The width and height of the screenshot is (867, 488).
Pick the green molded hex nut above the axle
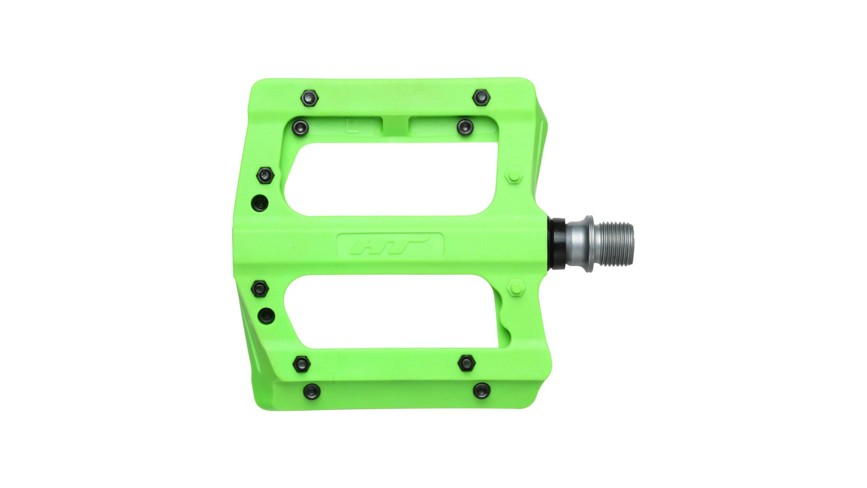pos(514,175)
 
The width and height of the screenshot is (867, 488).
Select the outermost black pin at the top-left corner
pos(309,98)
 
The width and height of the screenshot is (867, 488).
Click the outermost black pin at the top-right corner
pos(481,98)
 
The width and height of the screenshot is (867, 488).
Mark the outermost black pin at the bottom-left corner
pos(312,391)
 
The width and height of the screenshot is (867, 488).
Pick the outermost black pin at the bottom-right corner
pos(481,390)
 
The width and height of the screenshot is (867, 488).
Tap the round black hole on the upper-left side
pos(261,203)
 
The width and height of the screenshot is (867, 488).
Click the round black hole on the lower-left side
pos(267,315)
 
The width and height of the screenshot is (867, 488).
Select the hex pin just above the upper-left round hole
pos(266,175)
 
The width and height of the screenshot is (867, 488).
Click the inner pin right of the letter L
pos(465,127)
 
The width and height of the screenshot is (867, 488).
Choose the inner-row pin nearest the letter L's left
pos(300,128)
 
